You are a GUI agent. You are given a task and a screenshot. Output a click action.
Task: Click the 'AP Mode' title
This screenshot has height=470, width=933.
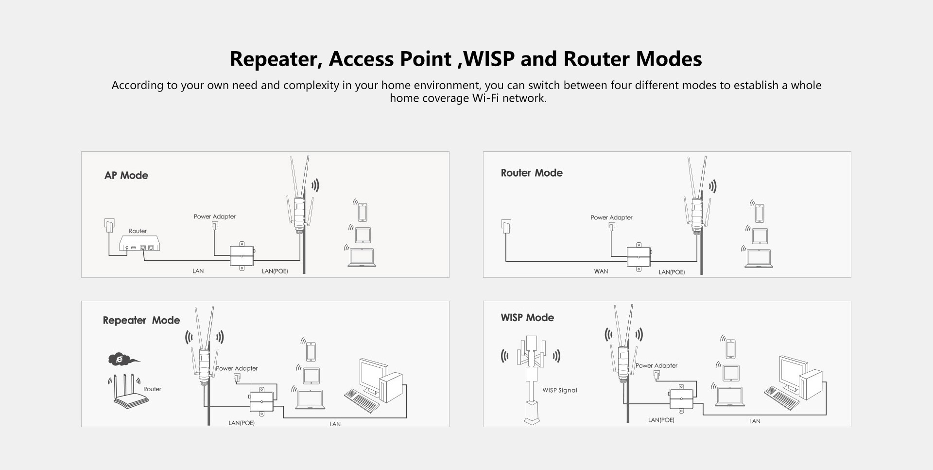click(126, 176)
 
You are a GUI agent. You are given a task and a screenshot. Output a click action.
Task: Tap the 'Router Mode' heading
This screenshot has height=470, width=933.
click(532, 173)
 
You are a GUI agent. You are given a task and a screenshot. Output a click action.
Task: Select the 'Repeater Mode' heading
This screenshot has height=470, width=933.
click(141, 320)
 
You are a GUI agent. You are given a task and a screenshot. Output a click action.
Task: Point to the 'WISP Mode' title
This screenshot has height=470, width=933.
click(527, 318)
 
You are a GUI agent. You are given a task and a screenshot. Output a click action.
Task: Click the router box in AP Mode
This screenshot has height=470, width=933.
click(139, 243)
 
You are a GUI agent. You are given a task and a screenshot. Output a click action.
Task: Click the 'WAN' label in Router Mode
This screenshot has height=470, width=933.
click(601, 271)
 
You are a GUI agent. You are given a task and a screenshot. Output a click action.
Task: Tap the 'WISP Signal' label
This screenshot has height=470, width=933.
click(560, 390)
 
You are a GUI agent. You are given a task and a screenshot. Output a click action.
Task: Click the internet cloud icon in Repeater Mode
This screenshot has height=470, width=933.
click(121, 360)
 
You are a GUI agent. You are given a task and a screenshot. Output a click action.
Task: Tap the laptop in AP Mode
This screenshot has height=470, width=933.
click(362, 257)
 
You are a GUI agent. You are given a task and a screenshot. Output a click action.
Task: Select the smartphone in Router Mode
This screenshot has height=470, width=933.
click(760, 213)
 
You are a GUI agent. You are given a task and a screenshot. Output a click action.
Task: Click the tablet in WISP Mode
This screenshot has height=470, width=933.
click(731, 373)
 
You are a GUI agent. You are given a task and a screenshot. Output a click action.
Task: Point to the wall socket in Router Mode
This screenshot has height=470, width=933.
click(506, 226)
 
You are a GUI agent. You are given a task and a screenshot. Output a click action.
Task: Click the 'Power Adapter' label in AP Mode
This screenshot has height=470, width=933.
click(214, 217)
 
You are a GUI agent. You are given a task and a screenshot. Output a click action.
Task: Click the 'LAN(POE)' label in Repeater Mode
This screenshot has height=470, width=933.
click(242, 423)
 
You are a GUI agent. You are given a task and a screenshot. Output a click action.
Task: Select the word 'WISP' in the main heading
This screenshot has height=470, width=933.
click(489, 59)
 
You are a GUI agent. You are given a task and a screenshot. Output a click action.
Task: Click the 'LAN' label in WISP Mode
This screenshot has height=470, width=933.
click(755, 421)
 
